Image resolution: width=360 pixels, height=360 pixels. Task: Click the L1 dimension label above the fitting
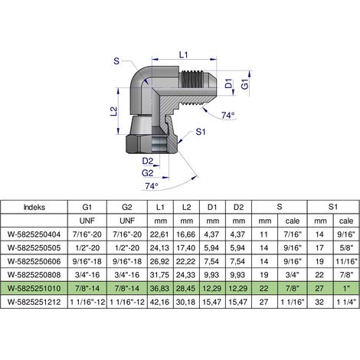coord(183,54)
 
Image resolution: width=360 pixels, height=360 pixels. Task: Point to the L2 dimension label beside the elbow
coord(114,111)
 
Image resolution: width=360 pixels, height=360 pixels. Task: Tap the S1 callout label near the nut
coord(201,132)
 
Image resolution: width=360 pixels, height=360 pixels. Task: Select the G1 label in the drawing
coord(245,84)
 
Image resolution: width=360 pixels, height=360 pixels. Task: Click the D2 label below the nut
coord(148,161)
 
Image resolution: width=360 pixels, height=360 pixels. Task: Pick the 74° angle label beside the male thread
coord(228,116)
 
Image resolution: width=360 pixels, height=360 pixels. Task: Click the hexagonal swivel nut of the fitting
coord(152,144)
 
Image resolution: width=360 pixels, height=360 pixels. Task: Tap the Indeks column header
coord(34,207)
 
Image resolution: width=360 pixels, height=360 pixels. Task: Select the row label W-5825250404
coord(34,234)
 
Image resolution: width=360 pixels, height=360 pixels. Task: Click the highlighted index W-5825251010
coord(34,289)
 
